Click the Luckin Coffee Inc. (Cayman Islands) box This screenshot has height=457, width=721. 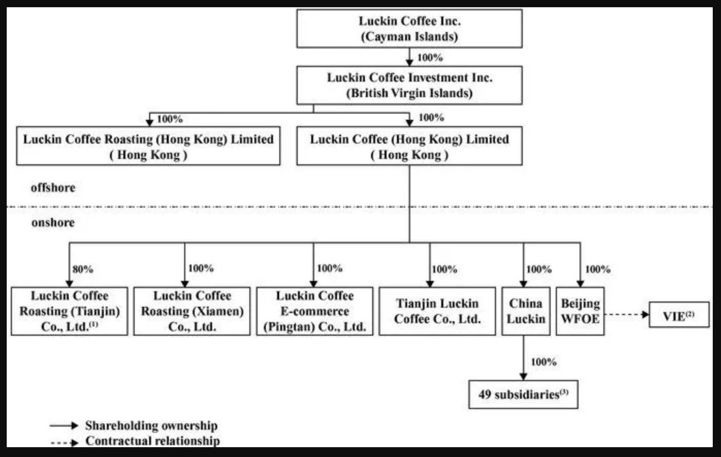409,29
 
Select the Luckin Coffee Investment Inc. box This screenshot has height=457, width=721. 409,85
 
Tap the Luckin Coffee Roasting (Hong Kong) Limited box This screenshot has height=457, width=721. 148,147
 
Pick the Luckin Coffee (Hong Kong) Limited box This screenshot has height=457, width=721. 409,147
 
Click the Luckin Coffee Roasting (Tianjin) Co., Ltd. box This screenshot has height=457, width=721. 69,311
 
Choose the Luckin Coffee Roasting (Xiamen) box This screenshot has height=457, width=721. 191,311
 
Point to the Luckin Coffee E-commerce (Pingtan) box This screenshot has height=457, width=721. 314,311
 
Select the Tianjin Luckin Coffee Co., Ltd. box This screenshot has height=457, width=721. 437,311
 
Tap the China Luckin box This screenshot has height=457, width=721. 525,311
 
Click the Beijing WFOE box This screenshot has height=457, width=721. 580,311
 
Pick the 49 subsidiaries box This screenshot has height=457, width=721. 523,395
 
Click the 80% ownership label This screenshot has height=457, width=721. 83,269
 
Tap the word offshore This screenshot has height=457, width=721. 53,187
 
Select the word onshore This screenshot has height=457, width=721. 53,223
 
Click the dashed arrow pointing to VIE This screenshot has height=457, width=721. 626,314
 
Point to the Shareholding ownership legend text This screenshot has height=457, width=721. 151,426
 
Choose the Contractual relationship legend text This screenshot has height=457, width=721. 152,441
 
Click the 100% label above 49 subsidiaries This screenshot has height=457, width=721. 543,362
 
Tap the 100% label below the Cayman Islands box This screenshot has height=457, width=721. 430,57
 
